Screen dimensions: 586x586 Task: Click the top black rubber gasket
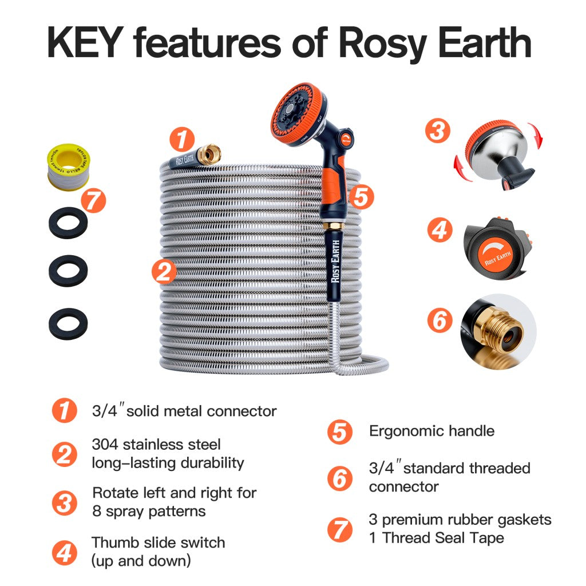68,223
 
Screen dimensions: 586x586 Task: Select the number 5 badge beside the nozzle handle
361,196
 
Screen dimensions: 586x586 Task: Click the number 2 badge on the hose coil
164,271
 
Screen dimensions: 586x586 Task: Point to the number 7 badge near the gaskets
93,201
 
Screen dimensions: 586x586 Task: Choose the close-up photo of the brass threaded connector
498,331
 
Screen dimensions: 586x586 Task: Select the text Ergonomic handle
431,431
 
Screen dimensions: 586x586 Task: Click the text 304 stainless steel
156,445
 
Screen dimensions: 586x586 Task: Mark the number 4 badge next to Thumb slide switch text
64,553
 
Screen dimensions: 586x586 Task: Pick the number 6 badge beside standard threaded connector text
340,478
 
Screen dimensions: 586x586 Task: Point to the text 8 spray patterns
149,511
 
